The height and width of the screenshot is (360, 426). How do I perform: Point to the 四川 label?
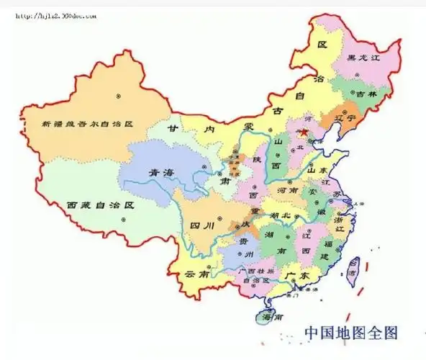201,226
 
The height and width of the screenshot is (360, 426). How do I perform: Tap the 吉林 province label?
366,93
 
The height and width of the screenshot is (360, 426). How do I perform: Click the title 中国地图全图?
350,333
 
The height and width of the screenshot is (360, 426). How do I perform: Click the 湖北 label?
278,215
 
